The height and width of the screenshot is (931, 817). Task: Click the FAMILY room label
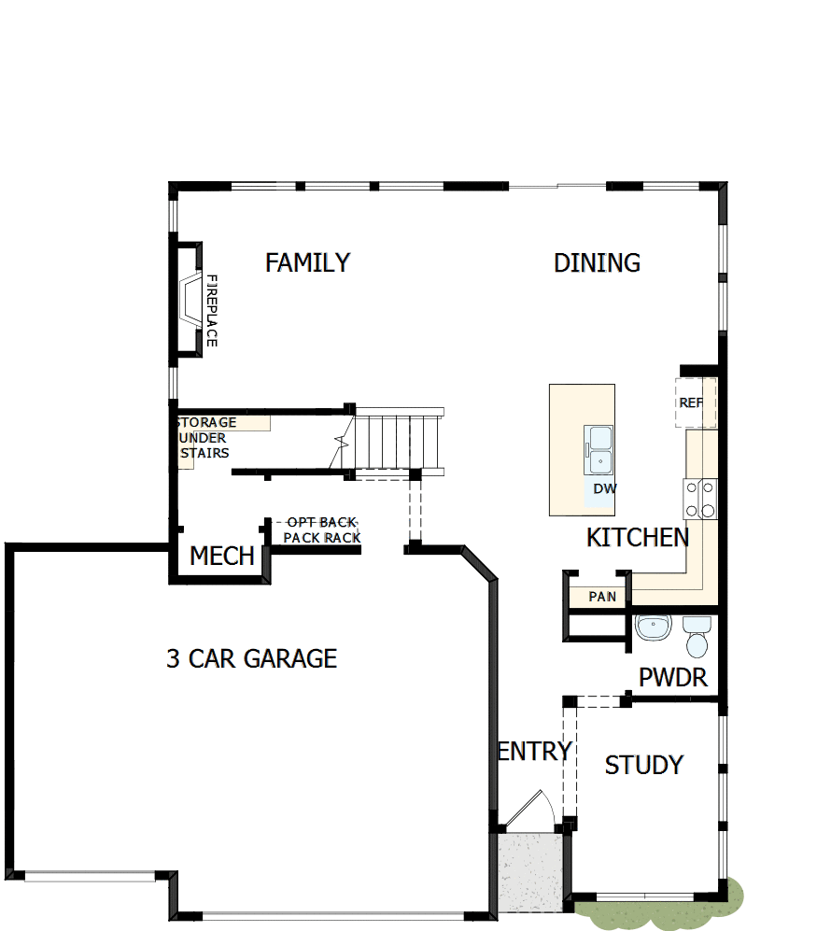pyautogui.click(x=307, y=263)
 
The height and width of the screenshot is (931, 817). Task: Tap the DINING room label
pyautogui.click(x=597, y=263)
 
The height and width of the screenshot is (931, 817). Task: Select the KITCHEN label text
pyautogui.click(x=638, y=538)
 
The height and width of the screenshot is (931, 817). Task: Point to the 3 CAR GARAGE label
pyautogui.click(x=251, y=658)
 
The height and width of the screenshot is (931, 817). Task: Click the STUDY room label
pyautogui.click(x=643, y=766)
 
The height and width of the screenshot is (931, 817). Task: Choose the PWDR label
pyautogui.click(x=673, y=678)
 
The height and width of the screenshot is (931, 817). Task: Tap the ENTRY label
pyautogui.click(x=534, y=751)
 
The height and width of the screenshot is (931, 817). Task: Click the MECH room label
pyautogui.click(x=222, y=557)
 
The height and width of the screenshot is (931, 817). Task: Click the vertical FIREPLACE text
pyautogui.click(x=211, y=311)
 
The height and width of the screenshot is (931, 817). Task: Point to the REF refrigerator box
pyautogui.click(x=691, y=403)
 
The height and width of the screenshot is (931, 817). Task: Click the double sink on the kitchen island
pyautogui.click(x=599, y=450)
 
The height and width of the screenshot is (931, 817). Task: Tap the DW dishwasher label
pyautogui.click(x=604, y=488)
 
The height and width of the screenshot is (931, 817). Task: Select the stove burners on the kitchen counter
pyautogui.click(x=700, y=498)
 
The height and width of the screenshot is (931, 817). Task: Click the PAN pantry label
pyautogui.click(x=602, y=596)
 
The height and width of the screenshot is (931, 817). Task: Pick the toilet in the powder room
pyautogui.click(x=697, y=635)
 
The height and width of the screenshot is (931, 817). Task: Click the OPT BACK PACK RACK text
pyautogui.click(x=322, y=530)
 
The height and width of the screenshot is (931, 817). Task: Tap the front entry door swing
pyautogui.click(x=528, y=809)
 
